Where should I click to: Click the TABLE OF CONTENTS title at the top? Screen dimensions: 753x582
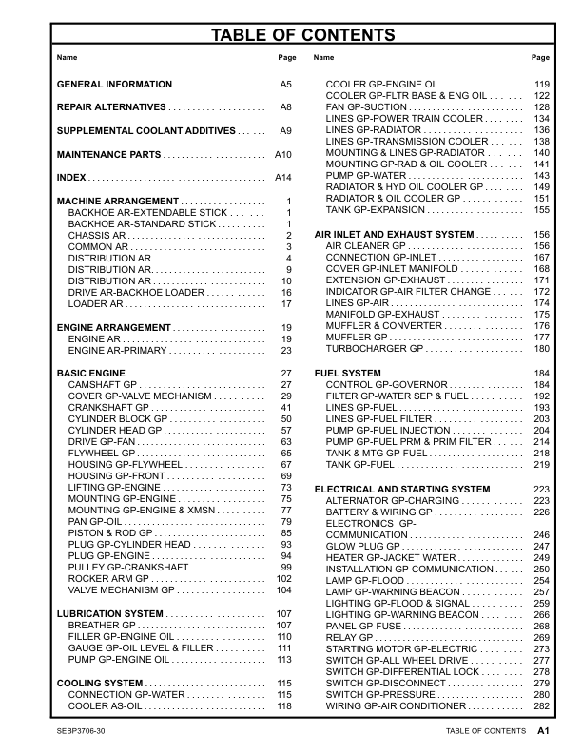click(x=291, y=36)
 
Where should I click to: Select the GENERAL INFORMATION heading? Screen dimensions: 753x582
click(x=114, y=85)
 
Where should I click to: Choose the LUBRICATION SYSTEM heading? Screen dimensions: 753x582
click(x=109, y=614)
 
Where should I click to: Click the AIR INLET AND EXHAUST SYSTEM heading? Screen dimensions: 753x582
click(x=394, y=234)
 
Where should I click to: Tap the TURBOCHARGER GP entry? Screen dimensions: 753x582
click(x=374, y=349)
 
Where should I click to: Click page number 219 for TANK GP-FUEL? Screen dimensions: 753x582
click(x=542, y=465)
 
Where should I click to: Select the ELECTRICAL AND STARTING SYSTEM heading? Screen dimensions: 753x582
click(x=402, y=489)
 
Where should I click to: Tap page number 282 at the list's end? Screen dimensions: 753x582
click(x=542, y=706)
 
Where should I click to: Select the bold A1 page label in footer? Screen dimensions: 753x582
click(x=544, y=731)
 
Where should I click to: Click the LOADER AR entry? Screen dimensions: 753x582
click(x=94, y=304)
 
